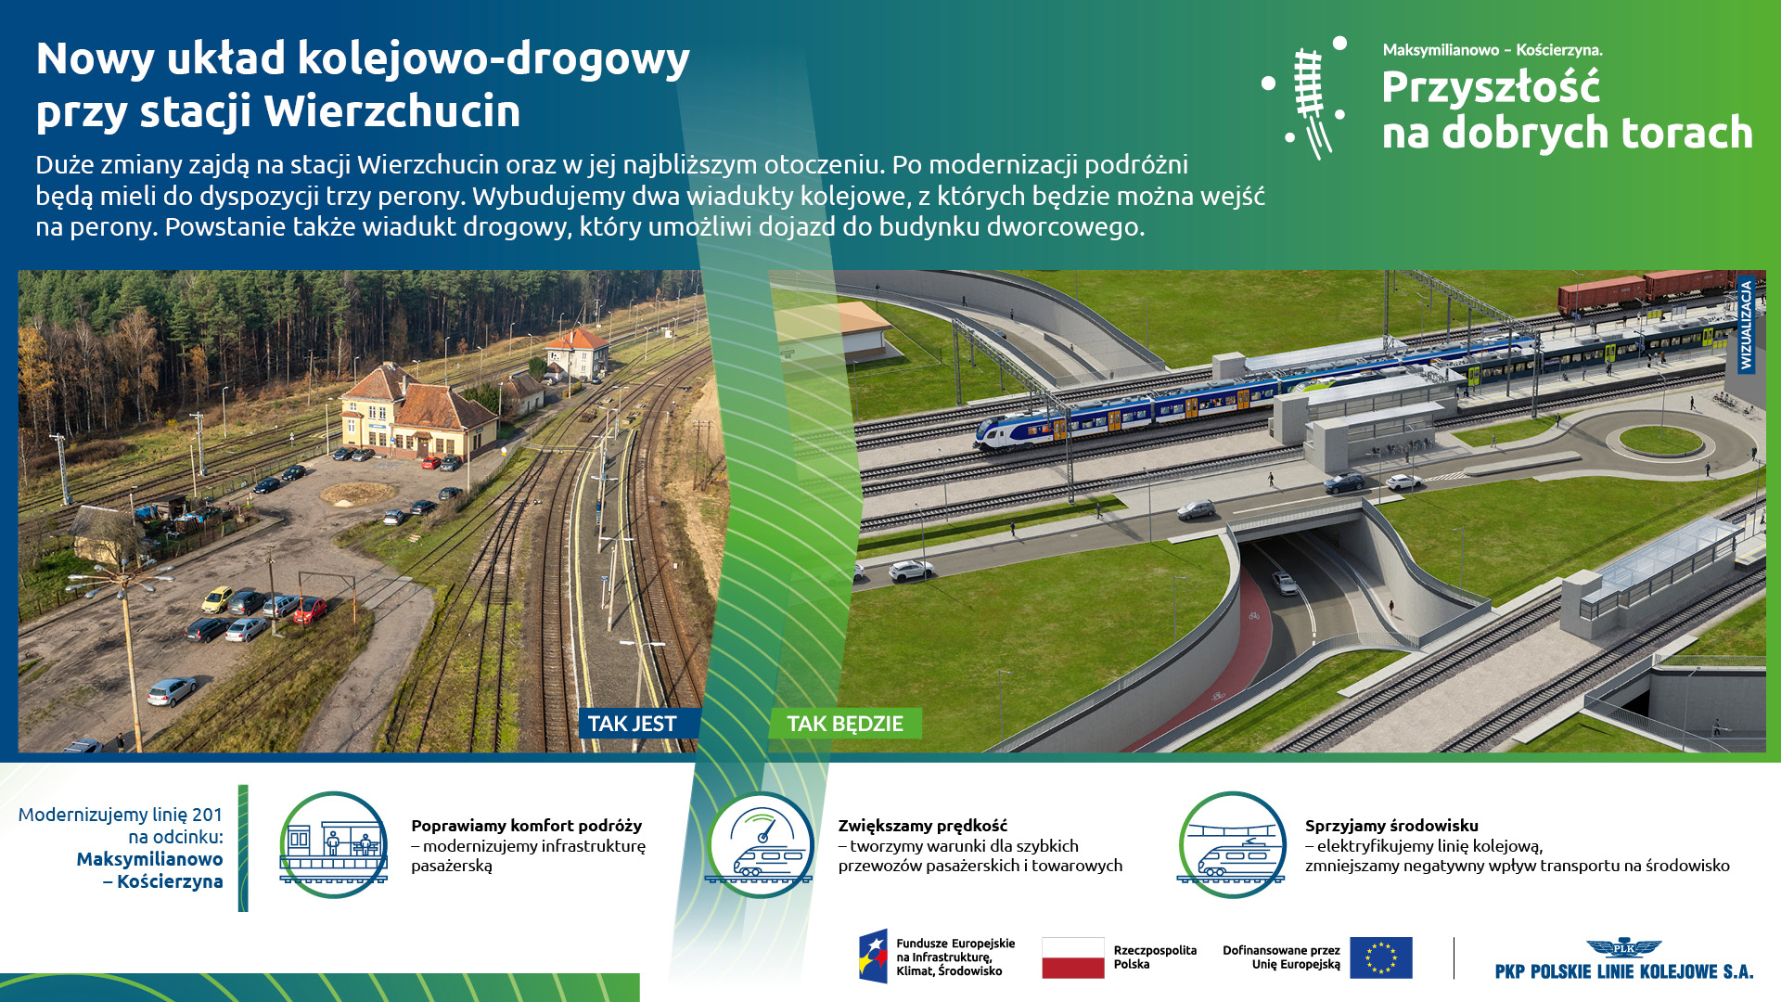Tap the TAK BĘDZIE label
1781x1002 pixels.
[845, 724]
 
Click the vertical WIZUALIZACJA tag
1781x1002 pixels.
[1746, 324]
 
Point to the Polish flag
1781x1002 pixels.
[1073, 957]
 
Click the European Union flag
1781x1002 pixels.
[1381, 957]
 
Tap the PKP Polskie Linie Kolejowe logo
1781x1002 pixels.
[1624, 959]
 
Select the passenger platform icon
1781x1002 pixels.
[334, 844]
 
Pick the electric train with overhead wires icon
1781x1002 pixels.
[1232, 844]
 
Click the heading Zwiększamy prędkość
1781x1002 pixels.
[923, 826]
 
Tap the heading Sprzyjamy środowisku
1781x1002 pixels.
[1391, 826]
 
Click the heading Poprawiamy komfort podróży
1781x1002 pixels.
[526, 826]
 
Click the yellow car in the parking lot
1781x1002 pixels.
[217, 599]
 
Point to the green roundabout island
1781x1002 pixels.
[1660, 440]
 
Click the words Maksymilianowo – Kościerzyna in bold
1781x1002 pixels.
[149, 870]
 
